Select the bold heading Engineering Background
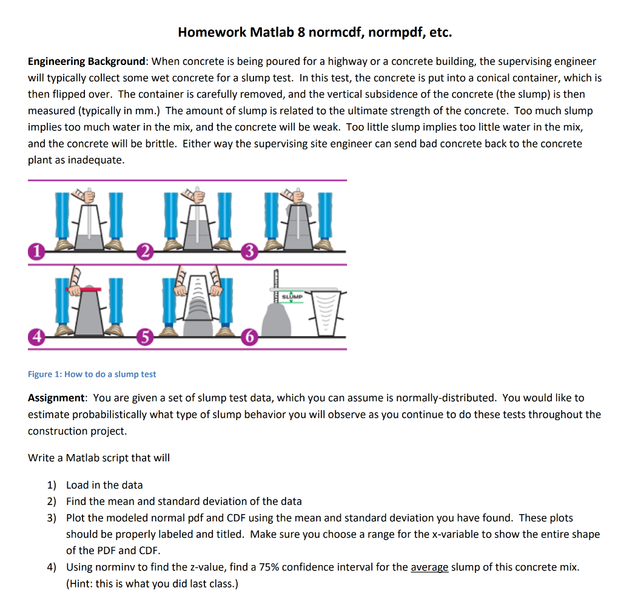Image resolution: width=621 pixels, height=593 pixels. pos(87,61)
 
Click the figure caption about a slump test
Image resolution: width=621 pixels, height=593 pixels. pos(92,374)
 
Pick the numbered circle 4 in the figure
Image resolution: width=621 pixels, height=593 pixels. pos(38,336)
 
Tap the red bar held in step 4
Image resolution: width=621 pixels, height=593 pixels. pos(84,291)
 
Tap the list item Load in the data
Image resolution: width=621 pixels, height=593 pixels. pos(104,484)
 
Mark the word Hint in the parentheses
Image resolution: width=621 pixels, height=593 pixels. pos(81,583)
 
